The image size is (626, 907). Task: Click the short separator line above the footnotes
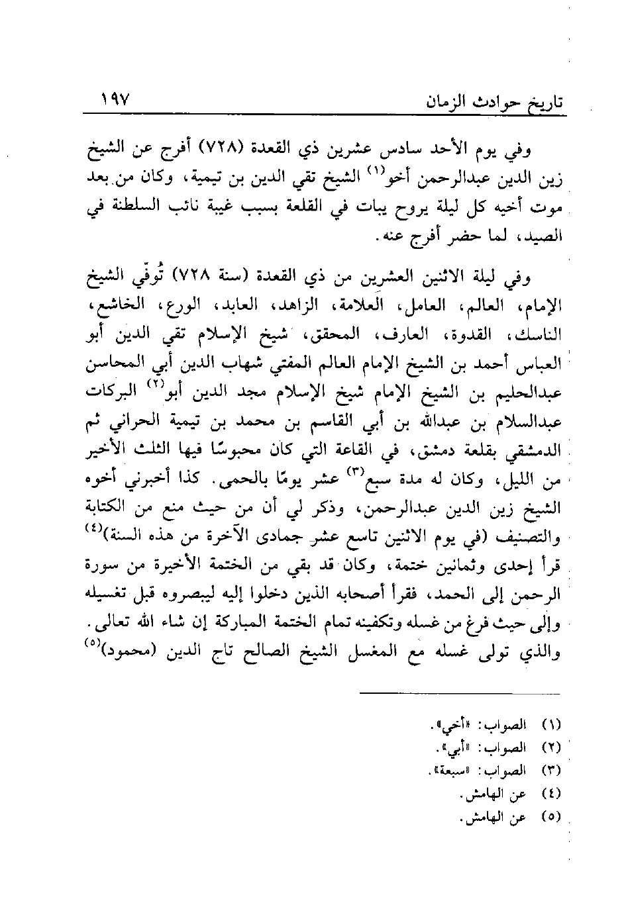460,694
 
